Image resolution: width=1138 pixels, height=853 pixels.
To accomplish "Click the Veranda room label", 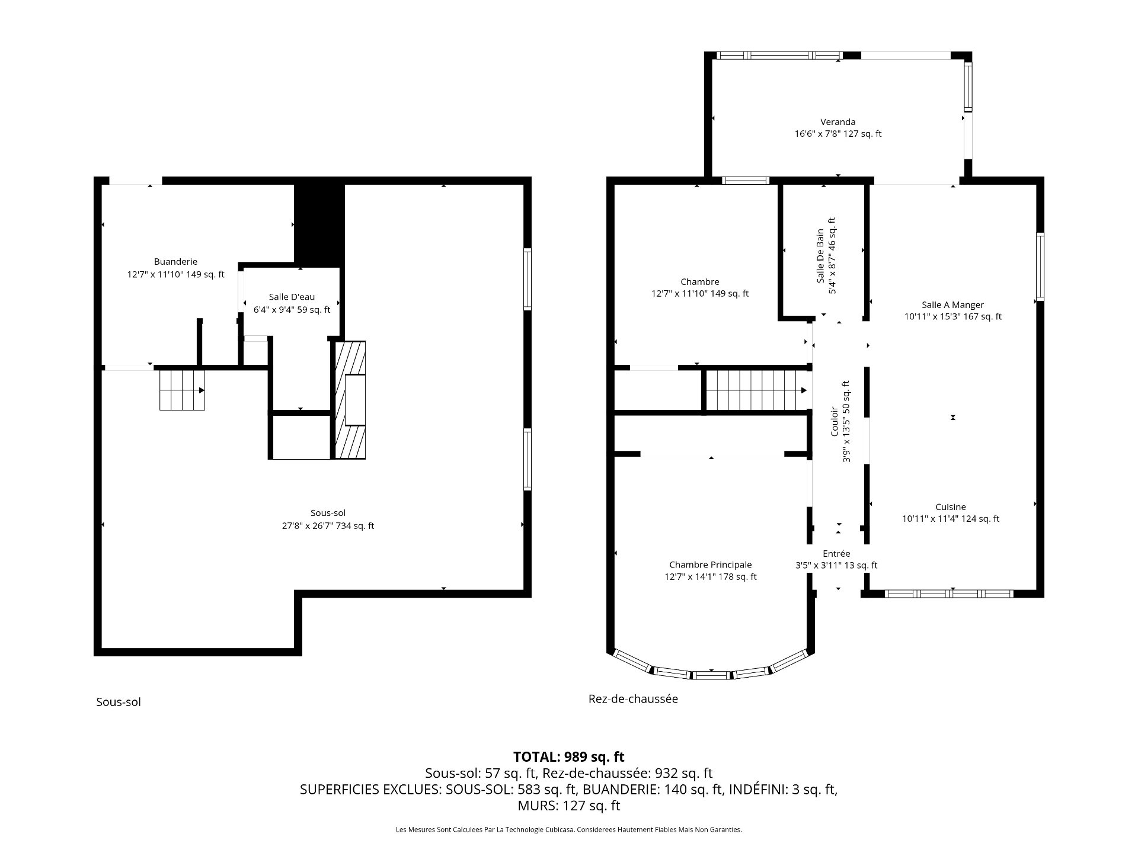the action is click(x=837, y=122).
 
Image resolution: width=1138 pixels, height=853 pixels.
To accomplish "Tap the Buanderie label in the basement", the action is click(x=175, y=262).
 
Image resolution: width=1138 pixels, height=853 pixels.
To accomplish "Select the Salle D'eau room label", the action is click(x=292, y=297).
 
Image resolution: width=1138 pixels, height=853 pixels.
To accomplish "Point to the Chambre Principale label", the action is click(x=710, y=565).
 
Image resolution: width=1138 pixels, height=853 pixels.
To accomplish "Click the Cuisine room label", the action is click(x=951, y=507).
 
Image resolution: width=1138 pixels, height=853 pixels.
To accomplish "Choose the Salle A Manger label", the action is click(x=952, y=305).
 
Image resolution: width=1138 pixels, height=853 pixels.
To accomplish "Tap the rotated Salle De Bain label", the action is click(x=820, y=256).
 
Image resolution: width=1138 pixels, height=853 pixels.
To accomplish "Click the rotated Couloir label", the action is click(x=834, y=421).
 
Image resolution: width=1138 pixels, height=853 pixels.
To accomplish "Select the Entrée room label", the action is click(x=836, y=554).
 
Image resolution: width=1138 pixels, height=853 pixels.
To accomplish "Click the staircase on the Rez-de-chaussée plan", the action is click(x=755, y=390).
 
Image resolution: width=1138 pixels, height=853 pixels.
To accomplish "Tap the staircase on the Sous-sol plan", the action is click(x=182, y=390).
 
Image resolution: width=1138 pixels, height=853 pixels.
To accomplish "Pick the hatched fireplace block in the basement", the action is click(x=350, y=400).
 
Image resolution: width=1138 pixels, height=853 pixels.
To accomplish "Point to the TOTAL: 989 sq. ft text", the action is click(x=568, y=756).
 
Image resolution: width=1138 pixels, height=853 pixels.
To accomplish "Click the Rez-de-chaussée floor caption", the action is click(x=633, y=699).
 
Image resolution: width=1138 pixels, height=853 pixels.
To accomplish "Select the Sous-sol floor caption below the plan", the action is click(x=119, y=703).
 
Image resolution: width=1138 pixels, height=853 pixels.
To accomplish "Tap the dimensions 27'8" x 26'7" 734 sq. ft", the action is click(x=328, y=526).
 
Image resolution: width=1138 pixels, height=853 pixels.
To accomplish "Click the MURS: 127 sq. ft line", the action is click(x=568, y=806).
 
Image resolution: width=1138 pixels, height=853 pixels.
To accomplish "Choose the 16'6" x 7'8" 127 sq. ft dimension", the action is click(x=838, y=134).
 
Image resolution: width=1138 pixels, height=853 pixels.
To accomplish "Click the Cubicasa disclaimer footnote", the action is click(x=569, y=830).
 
